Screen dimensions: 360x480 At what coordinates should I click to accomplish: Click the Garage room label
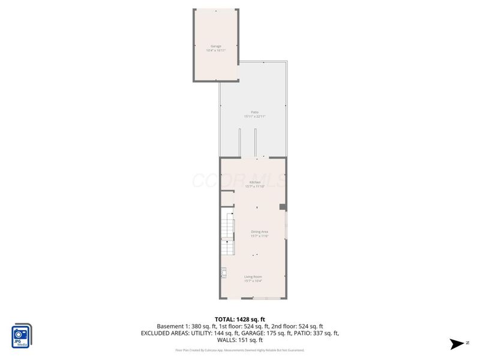coord(216,46)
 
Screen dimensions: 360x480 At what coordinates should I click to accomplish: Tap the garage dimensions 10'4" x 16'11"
coord(216,50)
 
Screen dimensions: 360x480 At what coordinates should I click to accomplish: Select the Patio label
coord(254,112)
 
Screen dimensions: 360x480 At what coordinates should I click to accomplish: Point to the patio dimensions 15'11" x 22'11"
coord(254,116)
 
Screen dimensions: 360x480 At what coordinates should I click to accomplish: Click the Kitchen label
coord(255,182)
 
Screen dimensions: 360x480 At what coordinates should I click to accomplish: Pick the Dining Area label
coord(259,232)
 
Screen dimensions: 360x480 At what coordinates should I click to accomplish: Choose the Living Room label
coord(253,277)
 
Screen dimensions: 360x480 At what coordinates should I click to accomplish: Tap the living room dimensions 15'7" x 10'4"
coord(253,281)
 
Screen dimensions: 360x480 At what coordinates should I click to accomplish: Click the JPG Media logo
coord(22,336)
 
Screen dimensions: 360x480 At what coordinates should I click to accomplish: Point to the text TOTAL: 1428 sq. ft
coord(240,319)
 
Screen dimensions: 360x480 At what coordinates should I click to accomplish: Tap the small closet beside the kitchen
coord(227,199)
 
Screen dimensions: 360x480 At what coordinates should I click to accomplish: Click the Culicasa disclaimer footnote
coord(240,350)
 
